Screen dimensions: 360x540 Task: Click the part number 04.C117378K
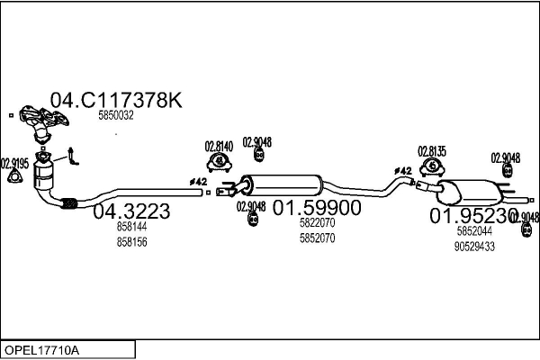click(x=115, y=101)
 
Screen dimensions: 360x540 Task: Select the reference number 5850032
click(x=116, y=115)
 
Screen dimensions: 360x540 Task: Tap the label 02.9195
click(x=14, y=163)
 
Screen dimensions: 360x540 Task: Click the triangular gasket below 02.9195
click(x=13, y=176)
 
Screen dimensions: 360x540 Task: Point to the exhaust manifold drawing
click(x=38, y=123)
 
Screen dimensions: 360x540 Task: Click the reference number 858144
click(x=131, y=229)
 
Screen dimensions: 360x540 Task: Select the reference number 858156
click(x=131, y=242)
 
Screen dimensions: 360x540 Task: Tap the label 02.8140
click(x=219, y=146)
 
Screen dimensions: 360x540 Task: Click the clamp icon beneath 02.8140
click(x=219, y=161)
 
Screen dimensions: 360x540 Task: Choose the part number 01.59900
click(x=317, y=208)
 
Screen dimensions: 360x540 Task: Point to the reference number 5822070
click(x=317, y=223)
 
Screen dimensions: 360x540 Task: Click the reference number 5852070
click(x=317, y=238)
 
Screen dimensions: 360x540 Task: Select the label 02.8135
click(x=433, y=150)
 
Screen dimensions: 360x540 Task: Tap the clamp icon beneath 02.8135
click(x=434, y=166)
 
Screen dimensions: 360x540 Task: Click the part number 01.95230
click(x=473, y=216)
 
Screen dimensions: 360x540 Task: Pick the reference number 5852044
click(x=474, y=231)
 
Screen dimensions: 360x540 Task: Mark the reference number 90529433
click(x=475, y=246)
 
